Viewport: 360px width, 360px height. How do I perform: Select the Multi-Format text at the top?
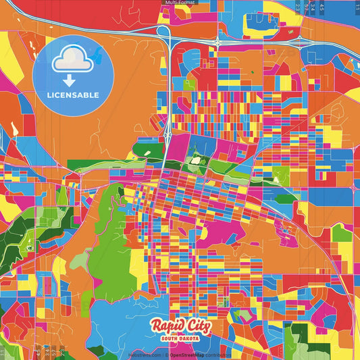(179, 3)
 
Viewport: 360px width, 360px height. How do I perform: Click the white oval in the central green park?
(197, 160)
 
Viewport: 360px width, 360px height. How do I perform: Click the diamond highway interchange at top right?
(218, 43)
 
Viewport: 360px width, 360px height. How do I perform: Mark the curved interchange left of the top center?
(166, 41)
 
